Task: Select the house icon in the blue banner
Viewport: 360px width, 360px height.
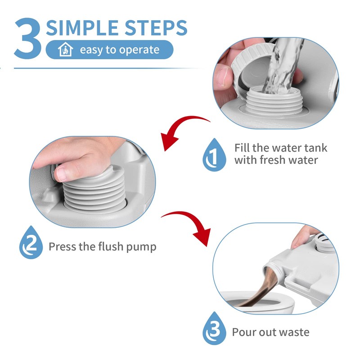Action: pyautogui.click(x=65, y=49)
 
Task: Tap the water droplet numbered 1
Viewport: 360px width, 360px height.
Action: pyautogui.click(x=214, y=155)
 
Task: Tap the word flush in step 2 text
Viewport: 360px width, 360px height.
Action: pyautogui.click(x=111, y=246)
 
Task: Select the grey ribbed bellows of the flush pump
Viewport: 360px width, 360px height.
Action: pyautogui.click(x=94, y=188)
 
